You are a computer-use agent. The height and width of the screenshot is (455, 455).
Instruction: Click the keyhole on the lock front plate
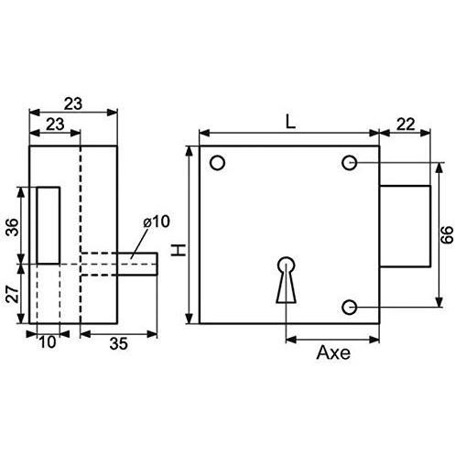[x=287, y=280]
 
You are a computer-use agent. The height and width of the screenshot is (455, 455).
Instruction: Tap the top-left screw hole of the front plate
[x=218, y=163]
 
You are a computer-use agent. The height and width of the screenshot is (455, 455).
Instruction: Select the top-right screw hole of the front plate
[x=349, y=163]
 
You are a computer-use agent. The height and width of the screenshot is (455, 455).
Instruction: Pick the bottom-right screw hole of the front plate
[x=349, y=307]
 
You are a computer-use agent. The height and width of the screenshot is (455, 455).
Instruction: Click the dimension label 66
[x=448, y=234]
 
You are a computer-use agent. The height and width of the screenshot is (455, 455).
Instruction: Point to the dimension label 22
[x=406, y=125]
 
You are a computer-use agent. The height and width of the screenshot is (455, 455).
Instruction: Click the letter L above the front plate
[x=291, y=122]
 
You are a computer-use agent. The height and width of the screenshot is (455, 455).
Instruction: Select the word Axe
[x=333, y=352]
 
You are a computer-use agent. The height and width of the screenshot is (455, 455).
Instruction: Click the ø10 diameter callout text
[x=157, y=222]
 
